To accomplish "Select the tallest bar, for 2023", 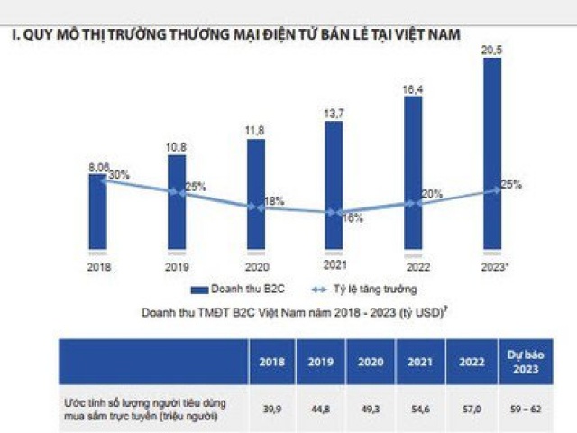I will pyautogui.click(x=492, y=153).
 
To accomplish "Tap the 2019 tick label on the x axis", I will pyautogui.click(x=177, y=267).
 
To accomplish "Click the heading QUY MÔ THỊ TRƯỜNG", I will pyautogui.click(x=234, y=34).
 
